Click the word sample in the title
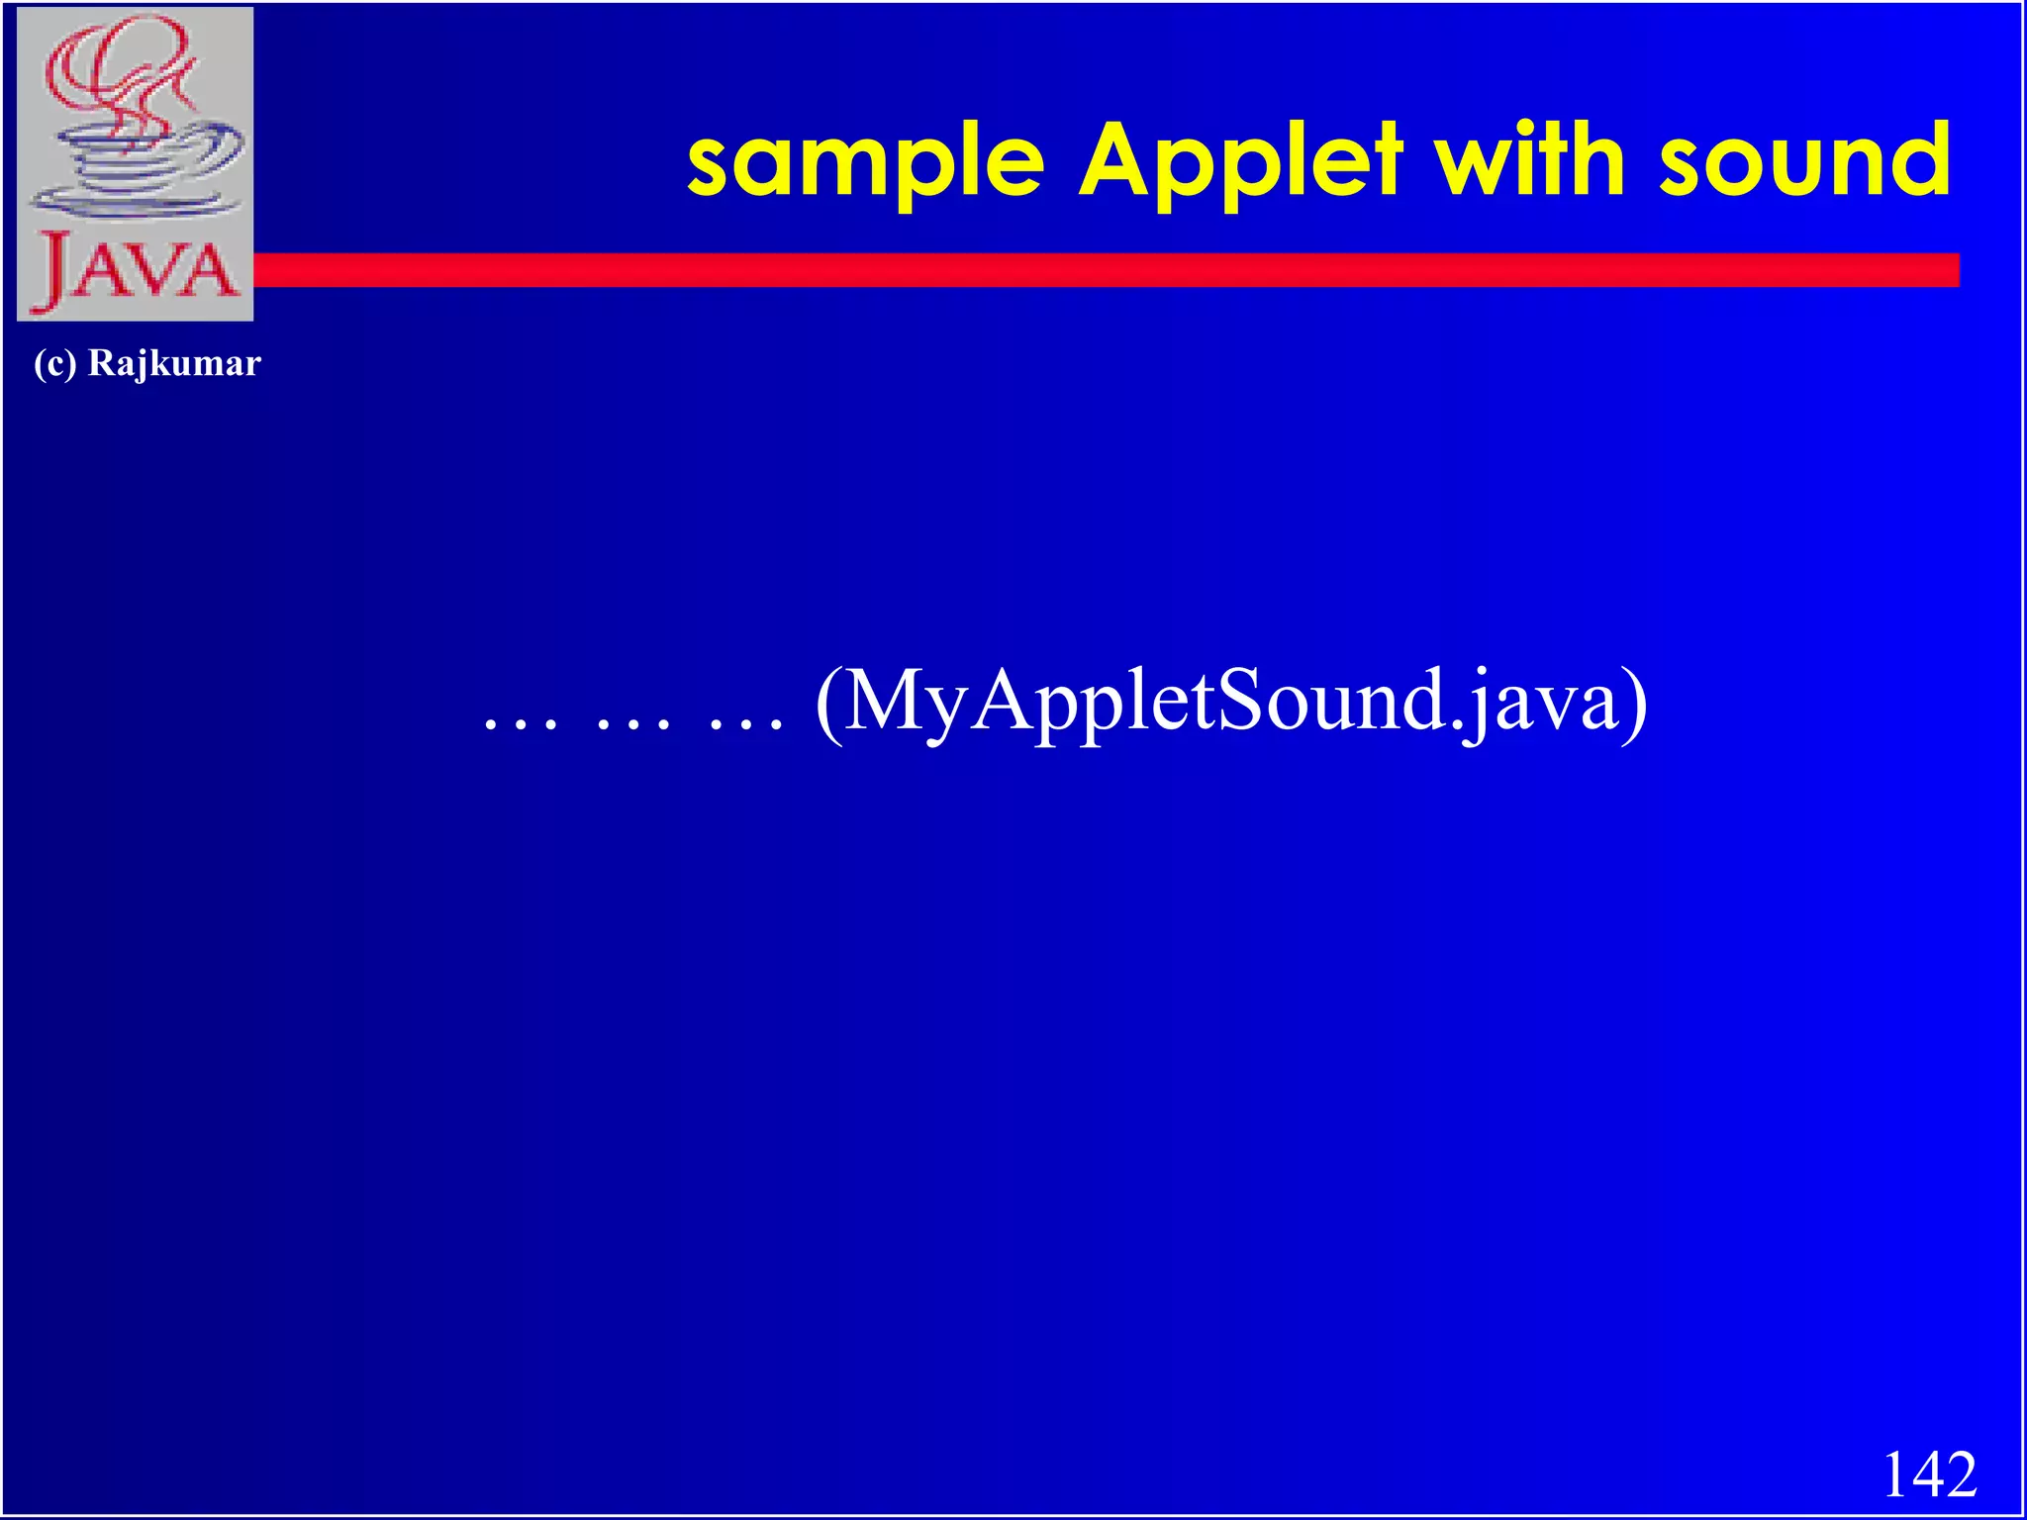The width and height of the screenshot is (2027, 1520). point(865,162)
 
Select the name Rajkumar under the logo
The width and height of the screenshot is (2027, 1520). point(174,363)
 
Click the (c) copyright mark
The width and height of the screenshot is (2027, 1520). point(54,363)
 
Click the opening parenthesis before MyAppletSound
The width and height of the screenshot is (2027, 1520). point(829,703)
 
